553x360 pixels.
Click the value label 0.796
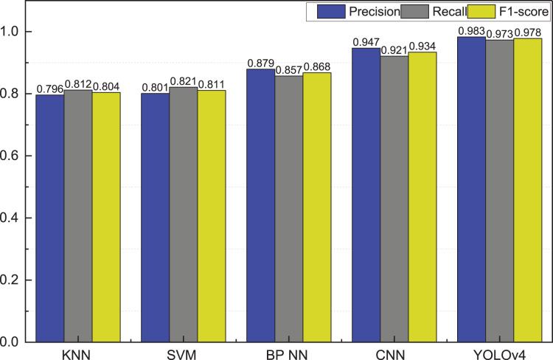(49, 89)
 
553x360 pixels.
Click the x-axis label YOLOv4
(500, 353)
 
